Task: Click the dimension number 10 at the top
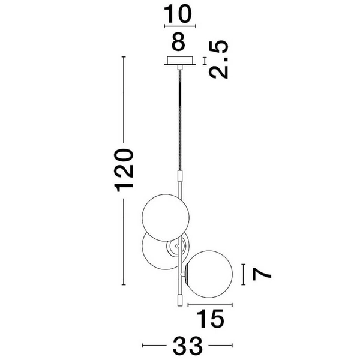click(x=179, y=13)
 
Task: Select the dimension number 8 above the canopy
click(x=179, y=43)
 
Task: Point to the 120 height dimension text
click(x=124, y=170)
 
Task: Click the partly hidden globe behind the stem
click(x=155, y=251)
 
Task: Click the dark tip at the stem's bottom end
click(x=180, y=298)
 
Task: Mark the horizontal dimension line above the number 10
click(x=179, y=26)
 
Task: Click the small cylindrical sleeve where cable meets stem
click(x=179, y=177)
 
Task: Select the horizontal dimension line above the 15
click(x=210, y=305)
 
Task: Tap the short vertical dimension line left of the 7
click(x=243, y=274)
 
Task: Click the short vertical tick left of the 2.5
click(x=205, y=61)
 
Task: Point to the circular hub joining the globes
click(x=178, y=247)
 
